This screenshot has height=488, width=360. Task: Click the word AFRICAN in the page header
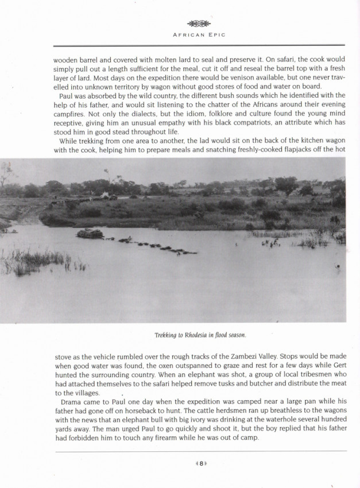point(189,34)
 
